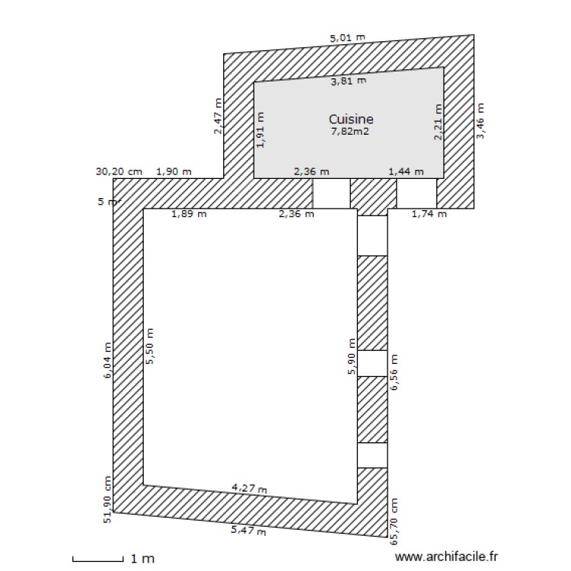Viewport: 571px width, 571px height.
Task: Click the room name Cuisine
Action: (x=351, y=119)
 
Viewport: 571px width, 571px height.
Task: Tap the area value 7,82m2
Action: (x=351, y=132)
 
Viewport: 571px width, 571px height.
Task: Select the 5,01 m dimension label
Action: (x=347, y=37)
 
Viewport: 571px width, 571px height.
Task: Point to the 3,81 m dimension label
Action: (x=349, y=80)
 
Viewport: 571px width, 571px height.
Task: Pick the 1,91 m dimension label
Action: (x=261, y=130)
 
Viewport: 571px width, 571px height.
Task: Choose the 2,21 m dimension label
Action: (x=439, y=123)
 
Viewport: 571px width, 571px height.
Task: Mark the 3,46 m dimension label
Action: (x=480, y=121)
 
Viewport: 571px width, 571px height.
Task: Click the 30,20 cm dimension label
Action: (x=120, y=171)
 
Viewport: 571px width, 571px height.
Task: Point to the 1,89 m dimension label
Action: (x=189, y=214)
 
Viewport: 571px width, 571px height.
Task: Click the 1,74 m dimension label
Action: (x=429, y=214)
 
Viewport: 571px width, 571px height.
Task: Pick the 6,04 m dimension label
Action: (x=108, y=362)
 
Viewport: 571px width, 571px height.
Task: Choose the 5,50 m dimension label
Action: (x=150, y=347)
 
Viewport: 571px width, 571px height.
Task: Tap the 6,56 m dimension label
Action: (x=394, y=372)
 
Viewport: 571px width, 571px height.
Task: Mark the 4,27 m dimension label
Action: (x=250, y=487)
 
